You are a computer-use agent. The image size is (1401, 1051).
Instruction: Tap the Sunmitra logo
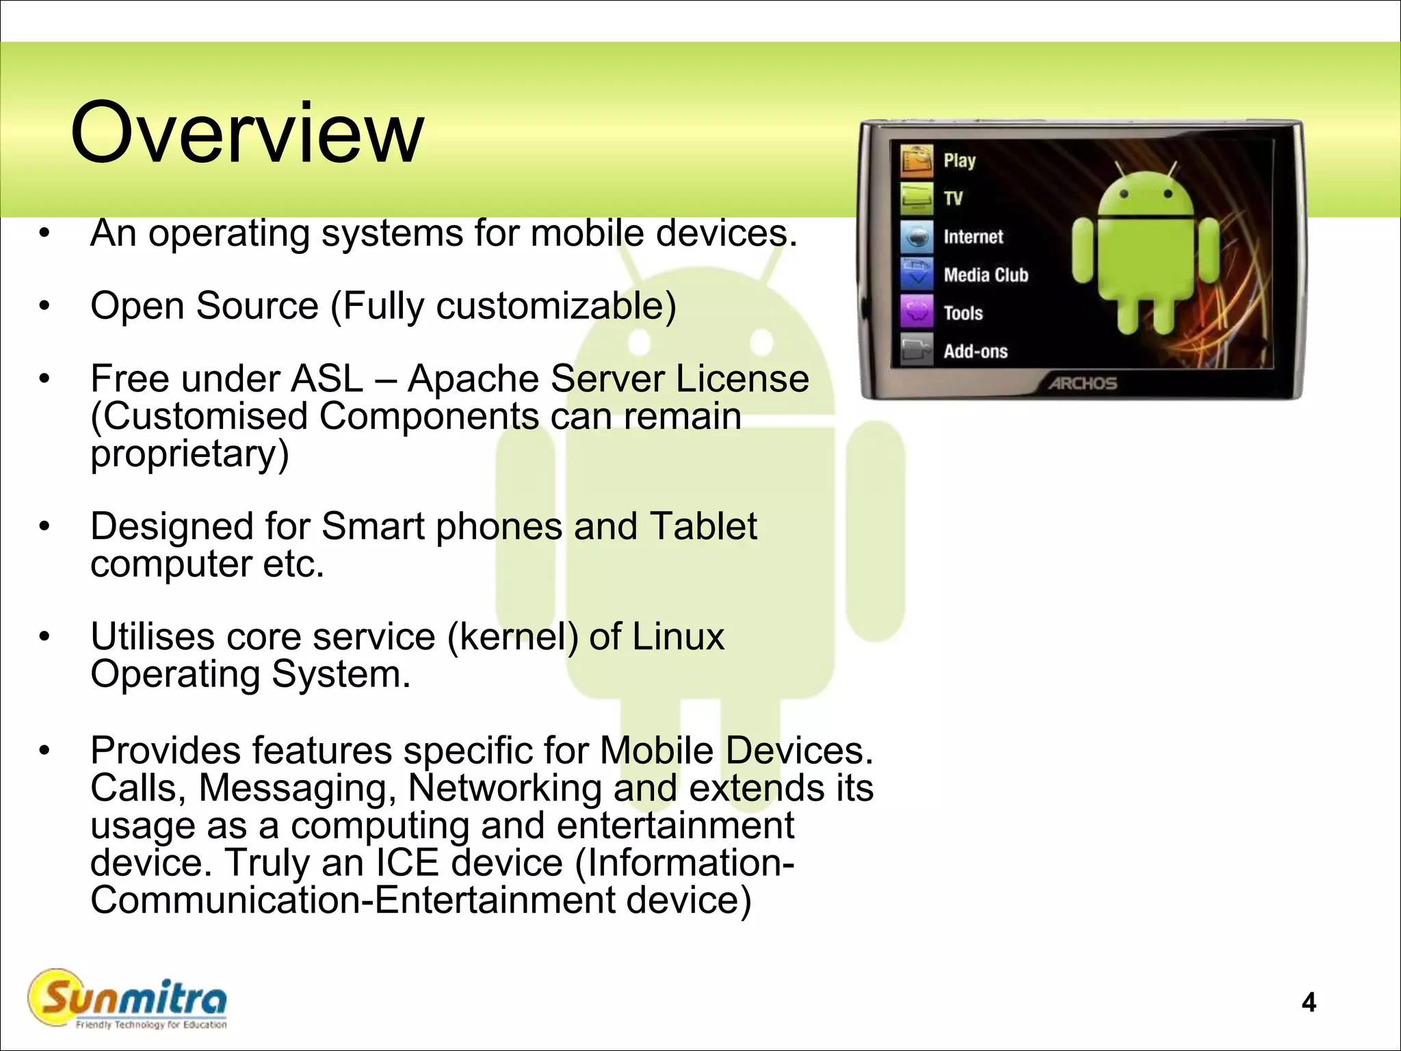[127, 1000]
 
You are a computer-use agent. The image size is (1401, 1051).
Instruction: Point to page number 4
[1309, 1002]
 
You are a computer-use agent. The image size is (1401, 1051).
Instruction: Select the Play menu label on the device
[959, 161]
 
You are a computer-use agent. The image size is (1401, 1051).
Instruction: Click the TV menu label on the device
[953, 198]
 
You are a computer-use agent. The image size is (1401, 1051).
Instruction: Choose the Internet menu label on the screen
[973, 237]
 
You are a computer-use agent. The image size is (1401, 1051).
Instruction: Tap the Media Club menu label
[986, 275]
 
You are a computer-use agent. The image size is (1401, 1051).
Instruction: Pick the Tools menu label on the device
[963, 313]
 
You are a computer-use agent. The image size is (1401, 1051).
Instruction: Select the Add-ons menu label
[976, 352]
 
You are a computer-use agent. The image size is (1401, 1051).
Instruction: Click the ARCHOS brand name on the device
[1083, 384]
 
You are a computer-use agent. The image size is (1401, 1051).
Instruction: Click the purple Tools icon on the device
[917, 312]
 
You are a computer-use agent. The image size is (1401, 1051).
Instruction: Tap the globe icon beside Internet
[917, 237]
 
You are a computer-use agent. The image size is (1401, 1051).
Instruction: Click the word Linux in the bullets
[678, 637]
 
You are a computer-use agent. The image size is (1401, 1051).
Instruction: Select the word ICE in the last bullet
[407, 862]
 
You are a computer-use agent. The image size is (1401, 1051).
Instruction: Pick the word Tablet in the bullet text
[703, 526]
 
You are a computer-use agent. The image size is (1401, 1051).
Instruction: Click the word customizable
[551, 306]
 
